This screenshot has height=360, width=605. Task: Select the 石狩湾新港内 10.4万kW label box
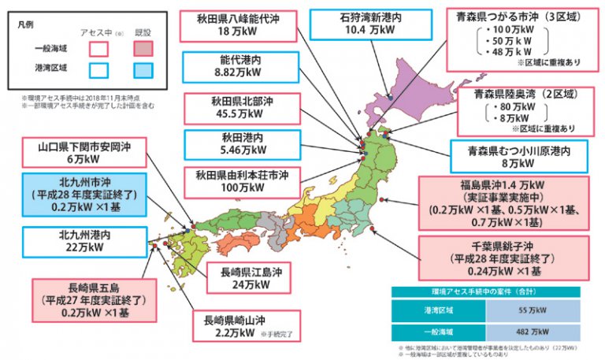(358, 24)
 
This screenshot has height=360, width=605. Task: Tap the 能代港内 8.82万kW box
(228, 67)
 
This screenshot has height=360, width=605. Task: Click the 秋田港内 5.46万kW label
(228, 146)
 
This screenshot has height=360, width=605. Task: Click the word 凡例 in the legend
(27, 26)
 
